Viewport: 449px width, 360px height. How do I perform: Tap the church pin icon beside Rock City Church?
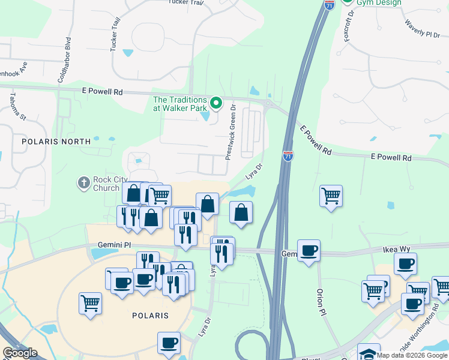(x=84, y=181)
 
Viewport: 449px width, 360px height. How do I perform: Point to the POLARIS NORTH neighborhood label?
(x=56, y=142)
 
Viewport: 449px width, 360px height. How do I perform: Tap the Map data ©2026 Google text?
(x=412, y=355)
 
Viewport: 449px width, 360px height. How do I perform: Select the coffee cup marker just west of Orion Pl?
(x=309, y=250)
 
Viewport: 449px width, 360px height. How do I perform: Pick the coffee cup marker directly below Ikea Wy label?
(x=406, y=263)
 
